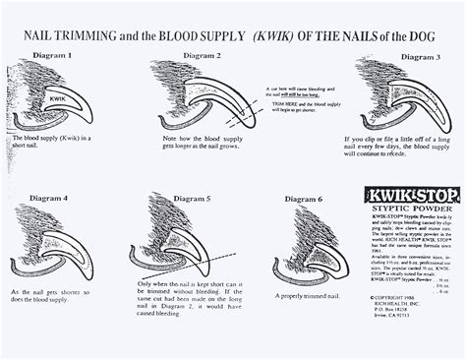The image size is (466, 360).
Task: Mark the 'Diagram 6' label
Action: [303, 200]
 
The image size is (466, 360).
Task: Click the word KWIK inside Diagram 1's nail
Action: [58, 98]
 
